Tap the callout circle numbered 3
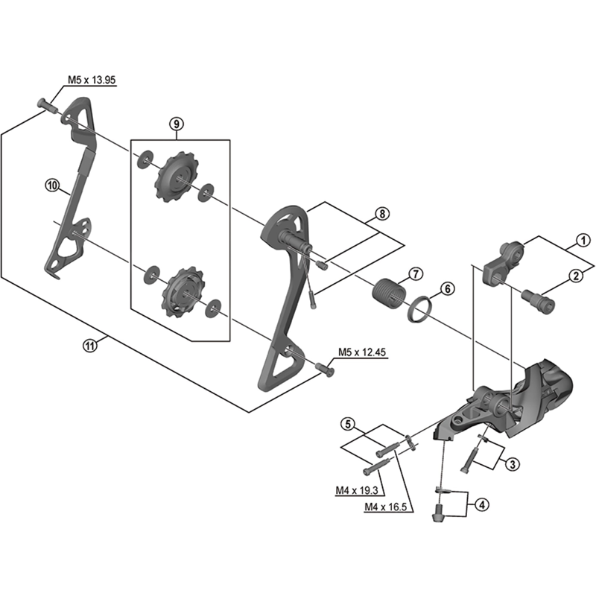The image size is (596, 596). (512, 464)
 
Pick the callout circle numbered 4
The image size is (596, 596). (482, 505)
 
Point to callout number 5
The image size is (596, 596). (347, 425)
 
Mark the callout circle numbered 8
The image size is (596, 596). (381, 214)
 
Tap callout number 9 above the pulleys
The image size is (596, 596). (176, 123)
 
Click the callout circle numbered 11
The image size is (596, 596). (90, 345)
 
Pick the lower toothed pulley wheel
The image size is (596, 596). (177, 289)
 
